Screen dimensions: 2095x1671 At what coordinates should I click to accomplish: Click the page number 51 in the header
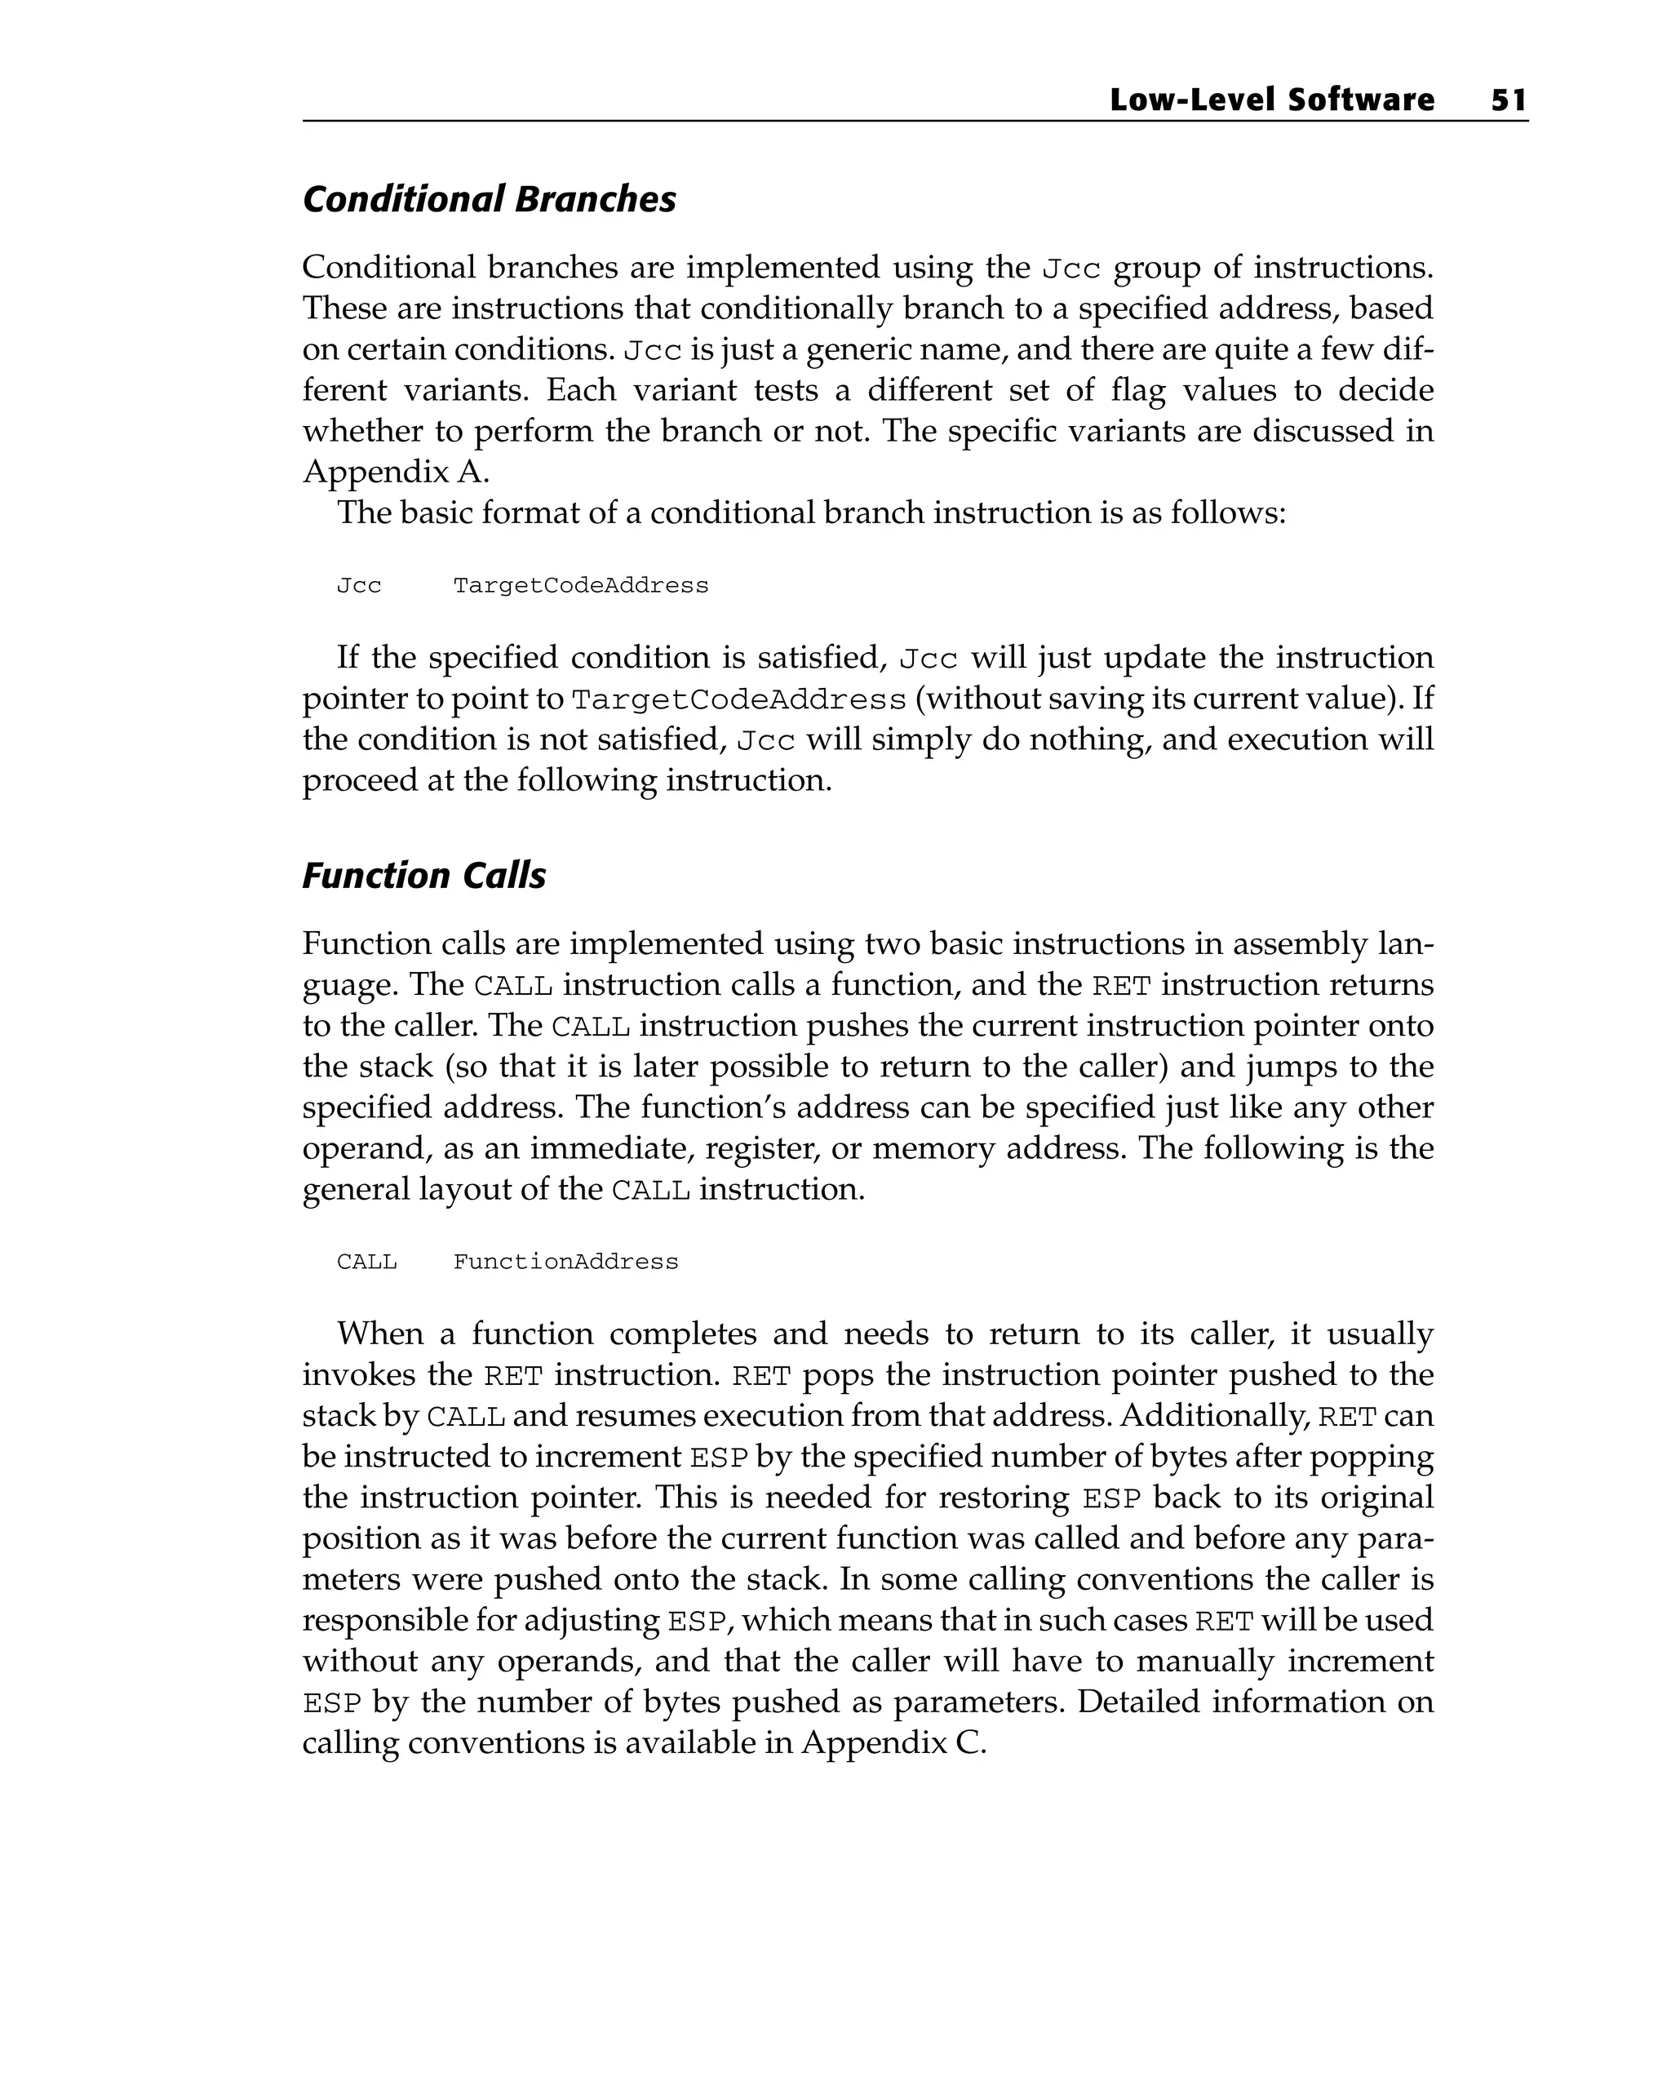(x=1508, y=100)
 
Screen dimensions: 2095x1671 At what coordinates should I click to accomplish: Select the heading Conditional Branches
(x=489, y=199)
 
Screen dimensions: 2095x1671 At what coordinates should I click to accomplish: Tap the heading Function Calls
(x=423, y=876)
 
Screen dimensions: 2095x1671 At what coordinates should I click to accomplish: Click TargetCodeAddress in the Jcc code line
(x=580, y=586)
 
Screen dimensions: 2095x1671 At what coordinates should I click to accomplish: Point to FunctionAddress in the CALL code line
(x=565, y=1263)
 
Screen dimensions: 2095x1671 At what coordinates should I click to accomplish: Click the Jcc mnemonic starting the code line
(x=358, y=586)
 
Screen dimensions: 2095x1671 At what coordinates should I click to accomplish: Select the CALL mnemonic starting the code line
(x=366, y=1263)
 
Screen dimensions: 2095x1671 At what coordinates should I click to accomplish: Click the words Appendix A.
(x=394, y=473)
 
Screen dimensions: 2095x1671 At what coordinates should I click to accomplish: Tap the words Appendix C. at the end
(x=893, y=1743)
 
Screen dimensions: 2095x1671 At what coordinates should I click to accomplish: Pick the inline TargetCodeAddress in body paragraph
(x=738, y=699)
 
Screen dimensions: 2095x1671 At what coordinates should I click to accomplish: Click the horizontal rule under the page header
(x=914, y=122)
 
